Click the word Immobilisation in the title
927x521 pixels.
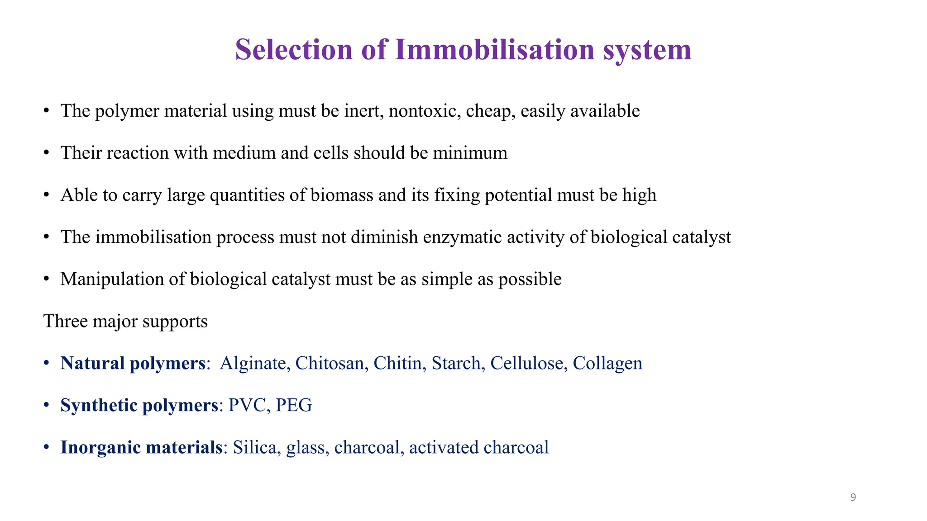coord(494,49)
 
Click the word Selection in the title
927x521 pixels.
coord(293,49)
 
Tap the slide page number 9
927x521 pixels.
coord(853,497)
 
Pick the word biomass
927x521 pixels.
coord(342,195)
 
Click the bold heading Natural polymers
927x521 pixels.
coord(133,364)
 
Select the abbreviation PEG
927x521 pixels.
coord(294,405)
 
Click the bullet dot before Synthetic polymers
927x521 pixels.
coord(46,405)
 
